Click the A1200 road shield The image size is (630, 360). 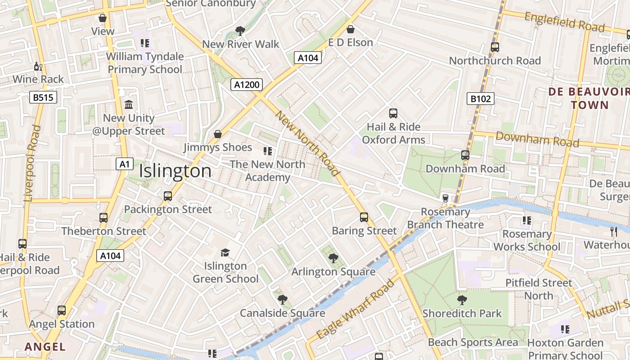[246, 85]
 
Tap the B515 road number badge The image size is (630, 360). [43, 97]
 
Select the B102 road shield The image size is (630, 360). [480, 99]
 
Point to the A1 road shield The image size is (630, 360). [125, 164]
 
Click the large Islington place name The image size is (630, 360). [175, 171]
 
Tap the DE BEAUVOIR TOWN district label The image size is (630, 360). [589, 99]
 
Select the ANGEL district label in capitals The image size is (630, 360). [45, 346]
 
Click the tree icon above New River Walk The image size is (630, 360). [240, 31]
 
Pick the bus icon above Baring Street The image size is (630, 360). [364, 217]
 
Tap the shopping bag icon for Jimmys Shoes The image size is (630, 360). [218, 134]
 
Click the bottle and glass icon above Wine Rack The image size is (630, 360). [38, 67]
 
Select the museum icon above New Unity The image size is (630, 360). [129, 105]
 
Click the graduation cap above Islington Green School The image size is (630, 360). [225, 252]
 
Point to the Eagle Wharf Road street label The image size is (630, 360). [355, 309]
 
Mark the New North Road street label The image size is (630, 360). [307, 143]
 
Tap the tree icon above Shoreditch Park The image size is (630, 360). [462, 300]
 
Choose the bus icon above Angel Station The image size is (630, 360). [62, 310]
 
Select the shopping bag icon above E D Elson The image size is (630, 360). [351, 29]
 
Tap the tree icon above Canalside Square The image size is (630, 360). [283, 300]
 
